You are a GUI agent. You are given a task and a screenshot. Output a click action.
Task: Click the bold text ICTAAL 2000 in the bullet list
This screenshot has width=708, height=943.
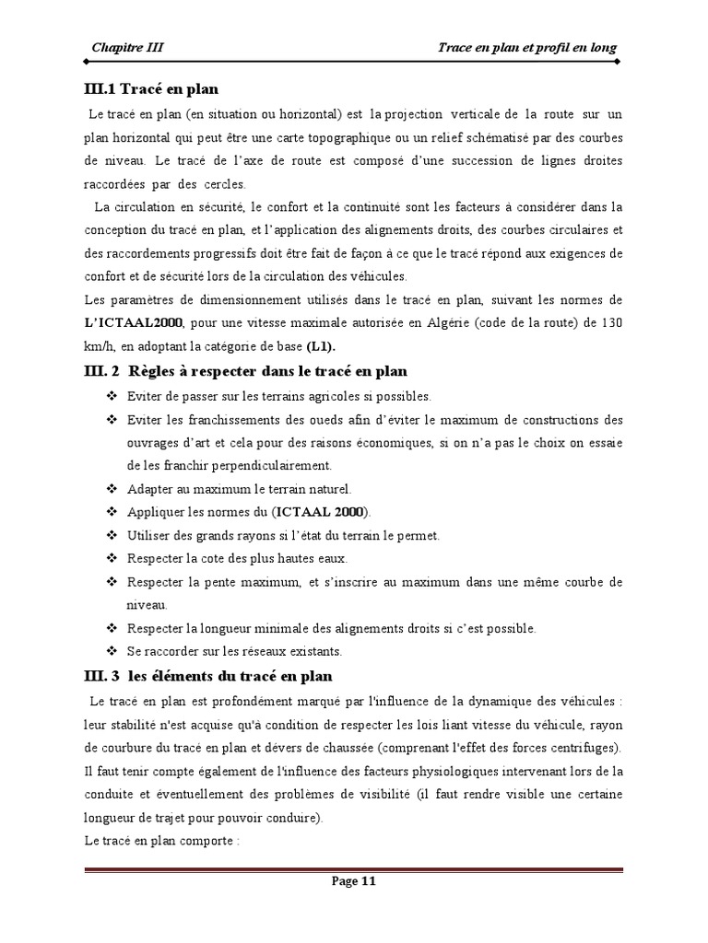(324, 511)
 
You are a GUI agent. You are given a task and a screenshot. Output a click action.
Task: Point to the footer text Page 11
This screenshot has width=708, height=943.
(354, 880)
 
